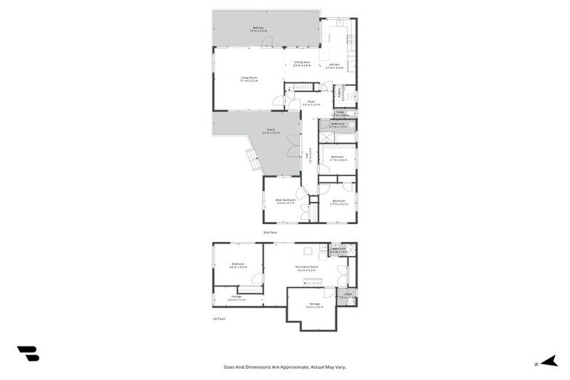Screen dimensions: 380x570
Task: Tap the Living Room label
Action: coord(249,78)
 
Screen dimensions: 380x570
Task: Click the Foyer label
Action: coord(311,103)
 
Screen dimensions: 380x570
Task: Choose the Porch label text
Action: coord(271,131)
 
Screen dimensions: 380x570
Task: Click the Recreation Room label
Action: coord(307,268)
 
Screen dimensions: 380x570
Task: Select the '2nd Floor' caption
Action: coord(269,232)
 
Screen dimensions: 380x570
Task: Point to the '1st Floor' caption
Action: coord(218,318)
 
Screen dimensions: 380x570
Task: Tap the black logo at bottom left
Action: coord(27,354)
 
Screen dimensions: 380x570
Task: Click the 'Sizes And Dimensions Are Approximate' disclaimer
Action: coord(285,367)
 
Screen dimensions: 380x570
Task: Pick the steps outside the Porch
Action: coord(253,160)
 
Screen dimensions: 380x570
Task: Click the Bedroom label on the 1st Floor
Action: coord(238,264)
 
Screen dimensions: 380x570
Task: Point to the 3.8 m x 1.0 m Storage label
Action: coord(237,298)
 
